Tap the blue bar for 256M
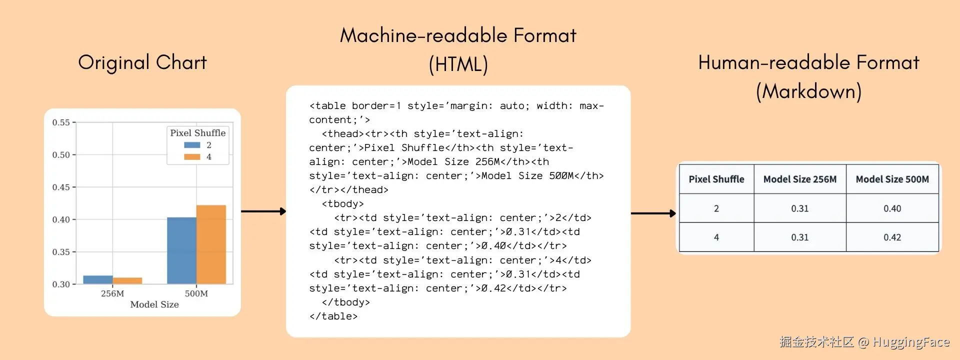pyautogui.click(x=98, y=279)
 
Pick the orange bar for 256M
pyautogui.click(x=127, y=280)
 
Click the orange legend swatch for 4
pyautogui.click(x=192, y=157)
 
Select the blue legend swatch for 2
pyautogui.click(x=192, y=145)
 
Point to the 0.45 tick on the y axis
pyautogui.click(x=61, y=187)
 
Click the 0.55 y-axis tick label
pyautogui.click(x=61, y=122)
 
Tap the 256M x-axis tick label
pyautogui.click(x=112, y=293)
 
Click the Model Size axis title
pyautogui.click(x=154, y=304)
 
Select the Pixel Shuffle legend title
pyautogui.click(x=198, y=133)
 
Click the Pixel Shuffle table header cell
pyautogui.click(x=716, y=179)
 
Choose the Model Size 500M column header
pyautogui.click(x=892, y=179)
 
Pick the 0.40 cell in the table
pyautogui.click(x=892, y=208)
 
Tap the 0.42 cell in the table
pyautogui.click(x=892, y=237)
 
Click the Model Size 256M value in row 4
pyautogui.click(x=799, y=237)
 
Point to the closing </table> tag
pyautogui.click(x=333, y=316)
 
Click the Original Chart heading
pyautogui.click(x=142, y=62)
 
